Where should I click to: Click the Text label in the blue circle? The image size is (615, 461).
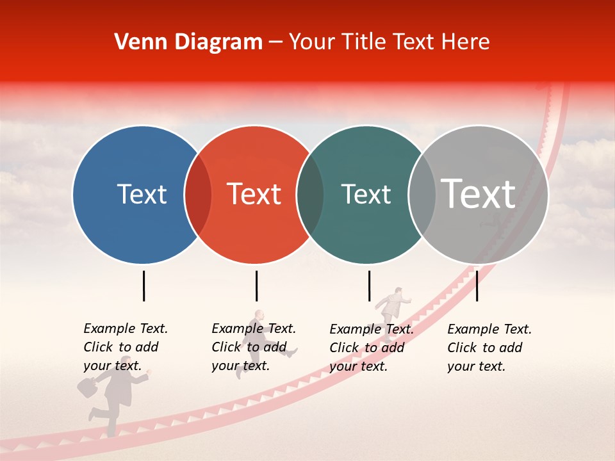(142, 194)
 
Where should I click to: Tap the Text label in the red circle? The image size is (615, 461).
(254, 194)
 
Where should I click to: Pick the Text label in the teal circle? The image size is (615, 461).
(366, 194)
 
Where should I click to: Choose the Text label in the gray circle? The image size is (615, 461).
(479, 194)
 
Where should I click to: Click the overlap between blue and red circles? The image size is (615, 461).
(198, 195)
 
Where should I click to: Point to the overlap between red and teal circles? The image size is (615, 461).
(310, 195)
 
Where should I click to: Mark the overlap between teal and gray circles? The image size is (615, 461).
(422, 195)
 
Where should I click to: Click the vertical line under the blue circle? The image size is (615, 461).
(143, 286)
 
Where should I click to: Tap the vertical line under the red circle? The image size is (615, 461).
(256, 286)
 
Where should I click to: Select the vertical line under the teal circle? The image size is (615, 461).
(369, 286)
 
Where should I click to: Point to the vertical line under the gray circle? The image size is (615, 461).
(477, 286)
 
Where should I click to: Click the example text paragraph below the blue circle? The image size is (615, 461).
(125, 347)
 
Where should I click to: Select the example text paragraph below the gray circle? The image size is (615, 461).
(489, 348)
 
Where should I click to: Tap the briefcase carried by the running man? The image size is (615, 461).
(87, 386)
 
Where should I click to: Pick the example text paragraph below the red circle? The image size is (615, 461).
(253, 347)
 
